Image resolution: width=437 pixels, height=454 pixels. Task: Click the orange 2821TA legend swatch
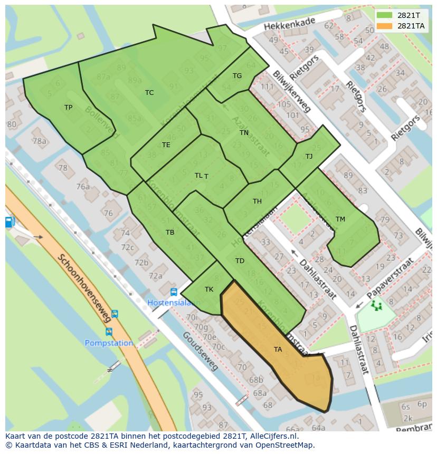tap(385, 26)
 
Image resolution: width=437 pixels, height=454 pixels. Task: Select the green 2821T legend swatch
tap(385, 15)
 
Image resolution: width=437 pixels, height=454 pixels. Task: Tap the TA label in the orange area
tap(278, 350)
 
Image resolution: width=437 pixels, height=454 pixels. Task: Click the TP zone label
tap(68, 108)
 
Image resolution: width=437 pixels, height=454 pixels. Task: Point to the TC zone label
tap(149, 93)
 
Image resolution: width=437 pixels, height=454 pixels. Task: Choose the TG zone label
tap(237, 76)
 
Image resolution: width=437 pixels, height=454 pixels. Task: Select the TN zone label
tap(244, 133)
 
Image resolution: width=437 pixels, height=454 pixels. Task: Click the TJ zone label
tap(309, 157)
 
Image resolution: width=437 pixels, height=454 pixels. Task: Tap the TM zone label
tap(340, 219)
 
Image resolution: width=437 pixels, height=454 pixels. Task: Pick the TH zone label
tap(257, 201)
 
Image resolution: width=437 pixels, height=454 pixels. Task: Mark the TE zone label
tap(166, 145)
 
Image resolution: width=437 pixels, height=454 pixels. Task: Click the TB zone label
tap(170, 233)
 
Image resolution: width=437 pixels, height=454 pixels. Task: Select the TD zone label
tap(240, 261)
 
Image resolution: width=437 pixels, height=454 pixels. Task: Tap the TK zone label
tap(209, 289)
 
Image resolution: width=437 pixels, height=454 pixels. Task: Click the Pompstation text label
tap(109, 343)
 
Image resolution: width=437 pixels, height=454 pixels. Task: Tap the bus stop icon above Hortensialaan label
tap(174, 292)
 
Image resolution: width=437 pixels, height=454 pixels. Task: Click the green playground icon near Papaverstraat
tap(376, 306)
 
